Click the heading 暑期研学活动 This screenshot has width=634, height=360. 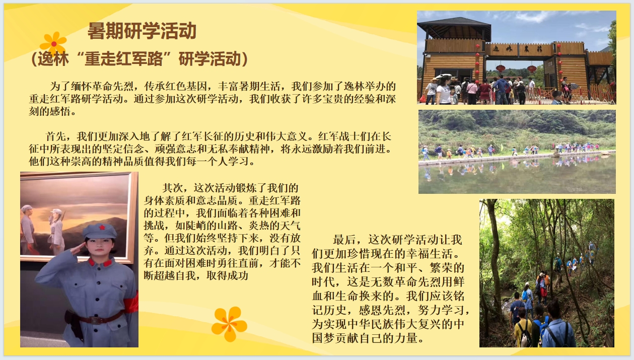142,31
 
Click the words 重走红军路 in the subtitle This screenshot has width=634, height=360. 124,59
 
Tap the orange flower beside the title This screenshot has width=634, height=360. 53,44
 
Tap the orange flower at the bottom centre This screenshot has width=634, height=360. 229,324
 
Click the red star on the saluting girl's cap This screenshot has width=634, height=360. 102,227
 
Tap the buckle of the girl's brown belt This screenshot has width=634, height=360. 95,320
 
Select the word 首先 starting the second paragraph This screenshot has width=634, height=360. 56,136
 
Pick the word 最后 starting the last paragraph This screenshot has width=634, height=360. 344,240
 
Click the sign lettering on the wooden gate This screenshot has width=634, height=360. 518,49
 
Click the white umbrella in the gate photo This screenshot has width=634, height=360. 444,77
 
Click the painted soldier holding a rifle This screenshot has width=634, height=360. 57,232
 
